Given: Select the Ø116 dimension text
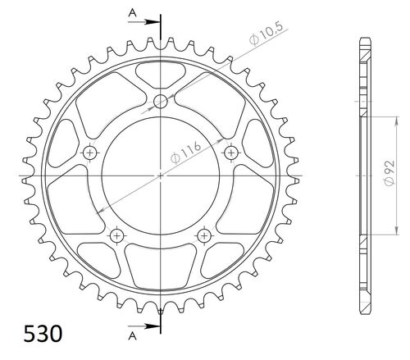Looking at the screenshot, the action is coord(185,153).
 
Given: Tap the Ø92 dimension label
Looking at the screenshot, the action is coord(389,173).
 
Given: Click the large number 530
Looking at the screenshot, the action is coord(43,334).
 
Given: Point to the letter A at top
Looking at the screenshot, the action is coord(132,12).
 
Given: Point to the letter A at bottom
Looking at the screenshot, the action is coord(132,336).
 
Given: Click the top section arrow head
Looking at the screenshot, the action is coord(152,22).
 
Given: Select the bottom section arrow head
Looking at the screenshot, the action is coord(152,326).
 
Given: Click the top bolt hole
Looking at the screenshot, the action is coord(161,102).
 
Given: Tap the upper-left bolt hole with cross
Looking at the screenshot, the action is coord(89,153).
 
